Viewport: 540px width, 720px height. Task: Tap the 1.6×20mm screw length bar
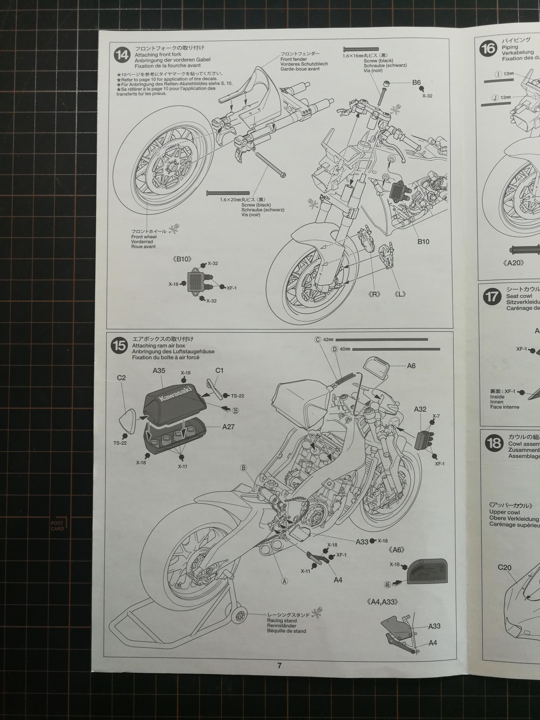[228, 193]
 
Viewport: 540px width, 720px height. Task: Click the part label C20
[504, 568]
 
